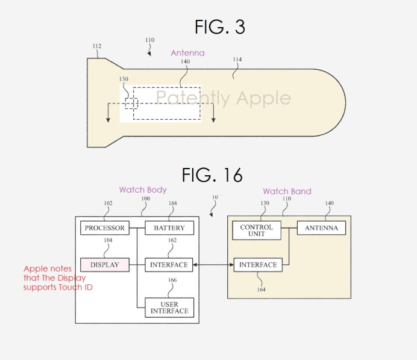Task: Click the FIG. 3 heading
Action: (x=219, y=27)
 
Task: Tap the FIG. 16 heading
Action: (x=212, y=175)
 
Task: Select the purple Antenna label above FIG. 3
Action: (x=187, y=53)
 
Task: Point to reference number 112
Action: (x=96, y=46)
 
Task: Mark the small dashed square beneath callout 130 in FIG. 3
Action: (x=131, y=103)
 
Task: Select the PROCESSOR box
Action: (x=104, y=228)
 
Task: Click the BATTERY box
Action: (x=169, y=228)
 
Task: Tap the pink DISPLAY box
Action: (x=104, y=264)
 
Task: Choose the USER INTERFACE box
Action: (x=169, y=307)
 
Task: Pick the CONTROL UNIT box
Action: (x=257, y=231)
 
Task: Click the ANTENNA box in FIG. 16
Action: (x=321, y=228)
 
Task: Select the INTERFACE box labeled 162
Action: (x=169, y=264)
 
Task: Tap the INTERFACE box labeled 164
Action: (x=258, y=264)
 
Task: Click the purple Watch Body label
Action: (x=143, y=190)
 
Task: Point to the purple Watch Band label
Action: (x=287, y=191)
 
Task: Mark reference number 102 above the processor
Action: (x=108, y=203)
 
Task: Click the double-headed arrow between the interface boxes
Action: (x=214, y=264)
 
